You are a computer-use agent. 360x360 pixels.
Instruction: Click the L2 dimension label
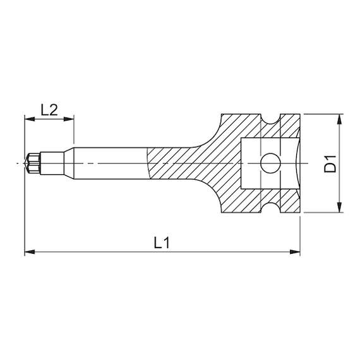[x=49, y=109]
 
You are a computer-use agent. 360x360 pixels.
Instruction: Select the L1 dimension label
[x=162, y=243]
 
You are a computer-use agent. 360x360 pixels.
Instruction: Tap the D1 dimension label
[x=330, y=164]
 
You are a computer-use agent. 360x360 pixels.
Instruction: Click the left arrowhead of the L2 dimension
[x=28, y=118]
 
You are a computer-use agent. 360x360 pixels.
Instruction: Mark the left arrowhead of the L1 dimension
[x=28, y=252]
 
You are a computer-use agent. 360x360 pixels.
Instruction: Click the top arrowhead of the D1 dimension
[x=340, y=119]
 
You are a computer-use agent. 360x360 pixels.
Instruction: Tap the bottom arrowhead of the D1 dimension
[x=340, y=208]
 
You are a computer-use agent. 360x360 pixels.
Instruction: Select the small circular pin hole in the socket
[x=270, y=164]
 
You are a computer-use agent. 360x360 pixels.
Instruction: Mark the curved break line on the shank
[x=147, y=164]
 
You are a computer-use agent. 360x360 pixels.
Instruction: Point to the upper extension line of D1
[x=322, y=114]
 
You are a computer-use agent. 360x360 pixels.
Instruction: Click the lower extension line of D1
[x=322, y=213]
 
